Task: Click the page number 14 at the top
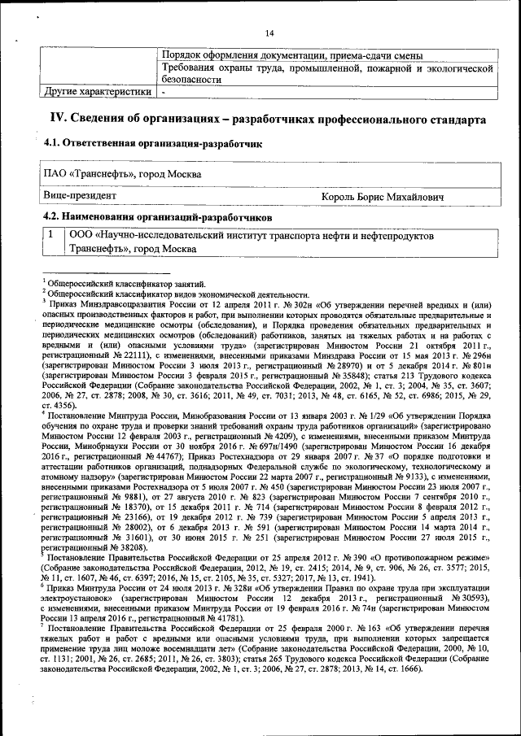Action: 269,32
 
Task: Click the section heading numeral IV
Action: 59,119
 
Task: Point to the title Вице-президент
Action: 80,196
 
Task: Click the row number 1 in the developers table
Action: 50,235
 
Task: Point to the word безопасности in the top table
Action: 192,81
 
